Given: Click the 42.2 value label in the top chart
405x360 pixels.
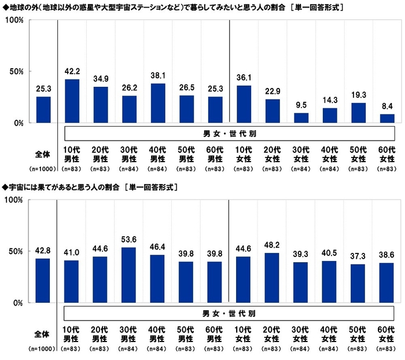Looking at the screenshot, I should [72, 73].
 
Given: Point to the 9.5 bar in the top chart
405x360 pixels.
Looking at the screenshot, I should [301, 118].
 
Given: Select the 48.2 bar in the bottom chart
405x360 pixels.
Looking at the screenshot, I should [273, 278].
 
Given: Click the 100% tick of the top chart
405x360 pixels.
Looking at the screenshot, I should [14, 20].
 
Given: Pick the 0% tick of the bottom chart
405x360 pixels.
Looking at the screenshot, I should [17, 303].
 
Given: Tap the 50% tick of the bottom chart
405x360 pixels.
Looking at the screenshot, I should [16, 251].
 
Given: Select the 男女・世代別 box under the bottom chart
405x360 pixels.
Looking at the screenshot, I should [229, 313].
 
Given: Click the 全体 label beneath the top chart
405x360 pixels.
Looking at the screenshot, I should [43, 155].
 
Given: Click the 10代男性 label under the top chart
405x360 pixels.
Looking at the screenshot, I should [72, 155].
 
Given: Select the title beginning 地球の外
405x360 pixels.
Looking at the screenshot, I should [174, 8].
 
